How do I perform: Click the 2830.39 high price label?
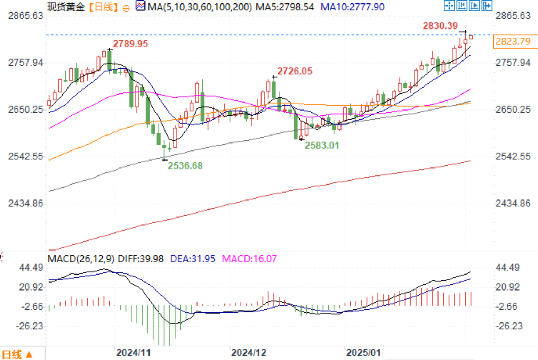point(440,26)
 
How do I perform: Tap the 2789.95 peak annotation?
point(130,44)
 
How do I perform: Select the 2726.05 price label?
point(295,71)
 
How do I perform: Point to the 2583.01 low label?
point(322,145)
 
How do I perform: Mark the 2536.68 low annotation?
point(185,166)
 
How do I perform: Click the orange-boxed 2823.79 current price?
point(513,42)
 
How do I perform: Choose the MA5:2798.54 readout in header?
point(284,7)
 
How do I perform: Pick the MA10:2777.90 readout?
point(352,7)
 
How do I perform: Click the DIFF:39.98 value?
point(141,259)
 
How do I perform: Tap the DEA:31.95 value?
point(192,259)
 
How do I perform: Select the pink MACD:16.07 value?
point(249,259)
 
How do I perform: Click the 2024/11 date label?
point(133,353)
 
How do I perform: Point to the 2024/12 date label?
point(248,353)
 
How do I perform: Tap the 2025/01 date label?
point(363,353)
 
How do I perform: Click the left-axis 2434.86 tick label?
point(26,203)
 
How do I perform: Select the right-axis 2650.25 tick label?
point(513,110)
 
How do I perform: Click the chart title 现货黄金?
point(66,7)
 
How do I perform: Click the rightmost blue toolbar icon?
point(487,6)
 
